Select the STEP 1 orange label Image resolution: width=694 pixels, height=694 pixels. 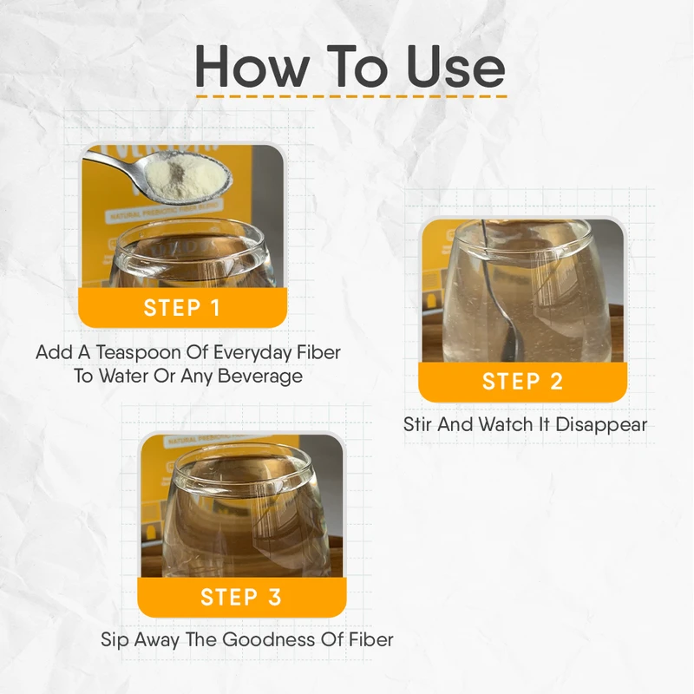pyautogui.click(x=182, y=308)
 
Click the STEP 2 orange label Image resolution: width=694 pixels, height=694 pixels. pyautogui.click(x=522, y=382)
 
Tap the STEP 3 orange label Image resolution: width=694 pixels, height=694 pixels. pyautogui.click(x=241, y=597)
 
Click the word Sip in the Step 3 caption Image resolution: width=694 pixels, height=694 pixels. pyautogui.click(x=114, y=640)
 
